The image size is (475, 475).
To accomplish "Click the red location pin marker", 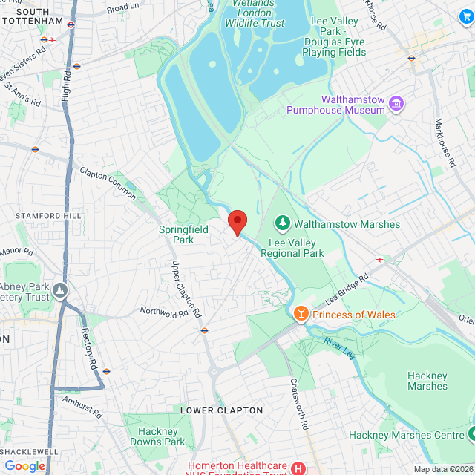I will coord(237,222).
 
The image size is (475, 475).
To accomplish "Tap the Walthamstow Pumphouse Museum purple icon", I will coord(396,104).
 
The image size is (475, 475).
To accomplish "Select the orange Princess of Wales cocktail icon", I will coord(301,314).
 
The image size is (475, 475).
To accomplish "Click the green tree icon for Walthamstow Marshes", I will coord(282,223).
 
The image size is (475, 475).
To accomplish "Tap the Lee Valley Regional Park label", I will coord(292,248).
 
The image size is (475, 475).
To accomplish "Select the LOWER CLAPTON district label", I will coord(222,410).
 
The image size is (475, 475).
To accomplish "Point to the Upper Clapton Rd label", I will coord(187,289).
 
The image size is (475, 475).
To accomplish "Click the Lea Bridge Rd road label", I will coord(347,290).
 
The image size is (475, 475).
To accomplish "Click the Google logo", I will coord(24,465).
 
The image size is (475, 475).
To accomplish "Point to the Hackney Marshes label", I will coord(427,381).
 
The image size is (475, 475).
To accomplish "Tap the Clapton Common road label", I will coord(108,183).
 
